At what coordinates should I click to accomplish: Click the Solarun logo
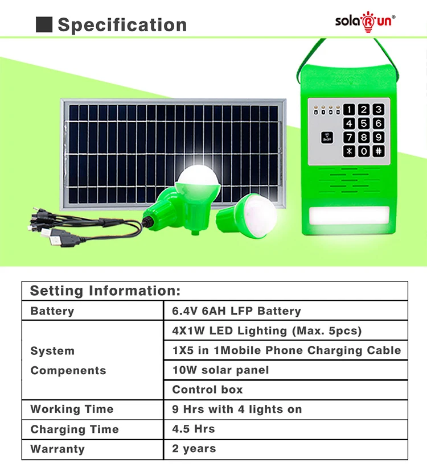point(364,20)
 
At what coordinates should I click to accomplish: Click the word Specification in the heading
point(122,25)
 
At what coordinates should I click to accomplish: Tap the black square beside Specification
point(44,24)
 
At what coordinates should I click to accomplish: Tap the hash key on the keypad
point(378,151)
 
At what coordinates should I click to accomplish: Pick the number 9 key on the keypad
point(378,138)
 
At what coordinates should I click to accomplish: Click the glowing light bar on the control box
point(348,217)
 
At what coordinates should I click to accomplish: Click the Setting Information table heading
point(105,291)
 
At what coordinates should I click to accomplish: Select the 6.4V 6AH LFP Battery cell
point(236,311)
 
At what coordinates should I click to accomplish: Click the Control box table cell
point(207,390)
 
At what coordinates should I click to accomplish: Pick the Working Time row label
point(72,409)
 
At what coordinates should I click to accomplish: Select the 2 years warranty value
point(194,449)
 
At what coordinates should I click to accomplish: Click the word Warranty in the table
point(58,449)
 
